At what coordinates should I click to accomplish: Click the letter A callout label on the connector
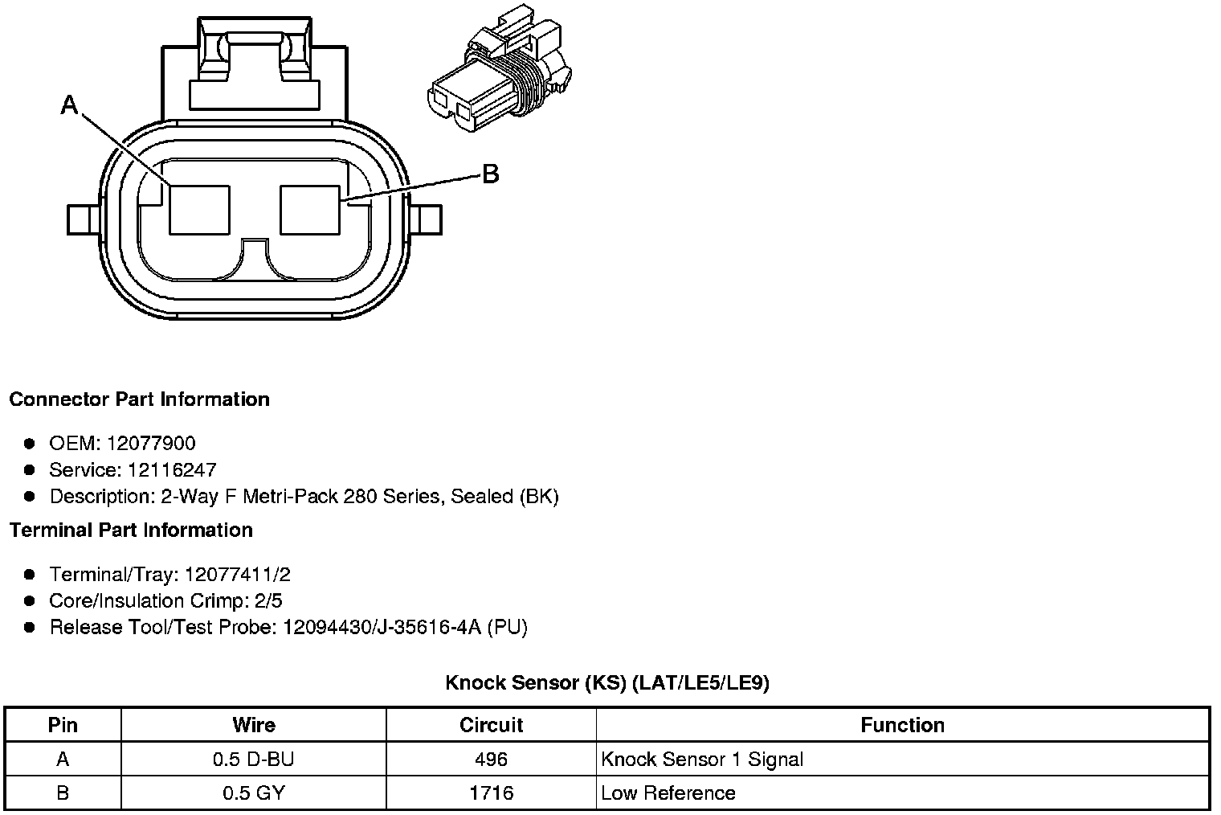tap(69, 104)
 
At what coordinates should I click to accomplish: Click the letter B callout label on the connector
tap(491, 174)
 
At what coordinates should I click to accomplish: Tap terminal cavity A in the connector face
tap(199, 210)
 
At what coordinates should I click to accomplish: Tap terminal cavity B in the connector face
tap(310, 210)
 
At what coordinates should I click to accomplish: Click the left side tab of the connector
tap(83, 220)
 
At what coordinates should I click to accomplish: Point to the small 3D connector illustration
tap(500, 69)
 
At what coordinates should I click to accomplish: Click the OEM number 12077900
tap(151, 444)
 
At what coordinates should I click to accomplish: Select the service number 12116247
tap(172, 470)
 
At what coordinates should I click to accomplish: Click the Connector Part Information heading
tap(140, 399)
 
